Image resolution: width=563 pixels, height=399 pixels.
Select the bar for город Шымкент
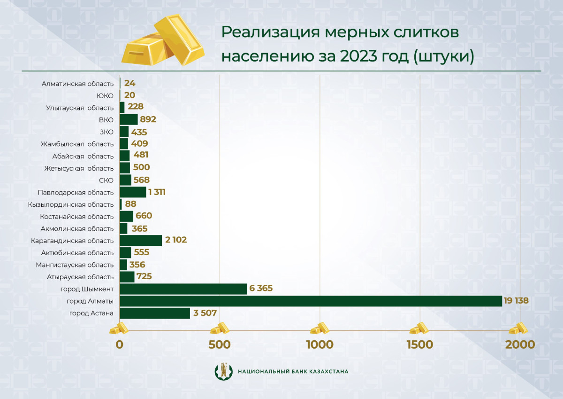[x=183, y=289]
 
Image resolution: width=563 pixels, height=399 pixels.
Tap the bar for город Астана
[x=155, y=313]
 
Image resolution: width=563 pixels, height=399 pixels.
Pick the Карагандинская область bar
[x=141, y=241]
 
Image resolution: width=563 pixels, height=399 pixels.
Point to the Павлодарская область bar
[x=133, y=192]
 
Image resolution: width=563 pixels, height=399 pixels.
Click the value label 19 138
[x=517, y=301]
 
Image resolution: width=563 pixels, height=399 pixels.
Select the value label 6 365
[x=261, y=289]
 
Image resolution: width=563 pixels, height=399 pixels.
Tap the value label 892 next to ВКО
[x=148, y=119]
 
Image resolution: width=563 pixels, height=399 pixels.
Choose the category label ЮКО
[x=105, y=95]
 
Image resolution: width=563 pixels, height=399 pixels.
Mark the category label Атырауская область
[x=81, y=277]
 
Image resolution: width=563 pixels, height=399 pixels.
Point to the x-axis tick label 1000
[x=320, y=344]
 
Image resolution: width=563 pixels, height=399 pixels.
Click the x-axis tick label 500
[x=219, y=344]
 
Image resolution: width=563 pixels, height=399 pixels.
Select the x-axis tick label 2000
[x=520, y=344]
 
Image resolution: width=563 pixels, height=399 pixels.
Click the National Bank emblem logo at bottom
[x=223, y=371]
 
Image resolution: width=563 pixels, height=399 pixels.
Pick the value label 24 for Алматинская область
[x=130, y=83]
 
